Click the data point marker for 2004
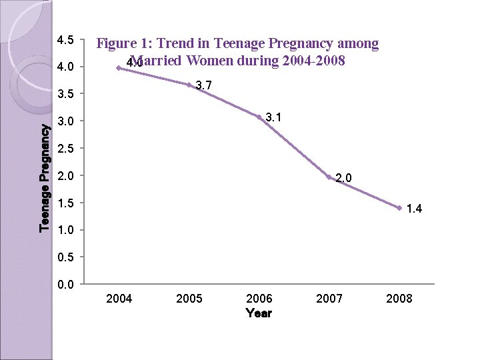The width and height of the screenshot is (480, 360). pos(119,68)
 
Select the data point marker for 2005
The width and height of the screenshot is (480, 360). pos(189,85)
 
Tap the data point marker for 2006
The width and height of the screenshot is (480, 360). pos(259,117)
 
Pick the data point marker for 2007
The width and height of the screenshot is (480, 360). pos(329,177)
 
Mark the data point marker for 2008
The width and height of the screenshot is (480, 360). pos(399,208)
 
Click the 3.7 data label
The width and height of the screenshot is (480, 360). pos(204,85)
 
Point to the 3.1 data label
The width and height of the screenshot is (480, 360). pos(273,118)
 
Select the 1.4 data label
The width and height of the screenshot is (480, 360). pos(413,209)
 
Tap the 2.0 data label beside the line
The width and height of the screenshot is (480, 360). pos(343,178)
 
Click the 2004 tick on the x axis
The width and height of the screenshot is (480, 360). pos(119,299)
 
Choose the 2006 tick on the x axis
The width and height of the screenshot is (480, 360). pos(259,299)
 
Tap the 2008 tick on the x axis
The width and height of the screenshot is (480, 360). pos(399,299)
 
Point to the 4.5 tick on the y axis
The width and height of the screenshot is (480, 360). pos(65,40)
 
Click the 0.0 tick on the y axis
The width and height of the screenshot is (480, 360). pos(65,285)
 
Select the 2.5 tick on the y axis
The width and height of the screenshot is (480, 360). pos(65,149)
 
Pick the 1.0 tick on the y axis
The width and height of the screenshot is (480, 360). pos(65,231)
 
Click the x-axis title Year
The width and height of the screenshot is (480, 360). pos(259,313)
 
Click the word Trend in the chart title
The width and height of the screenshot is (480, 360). pos(176,45)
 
